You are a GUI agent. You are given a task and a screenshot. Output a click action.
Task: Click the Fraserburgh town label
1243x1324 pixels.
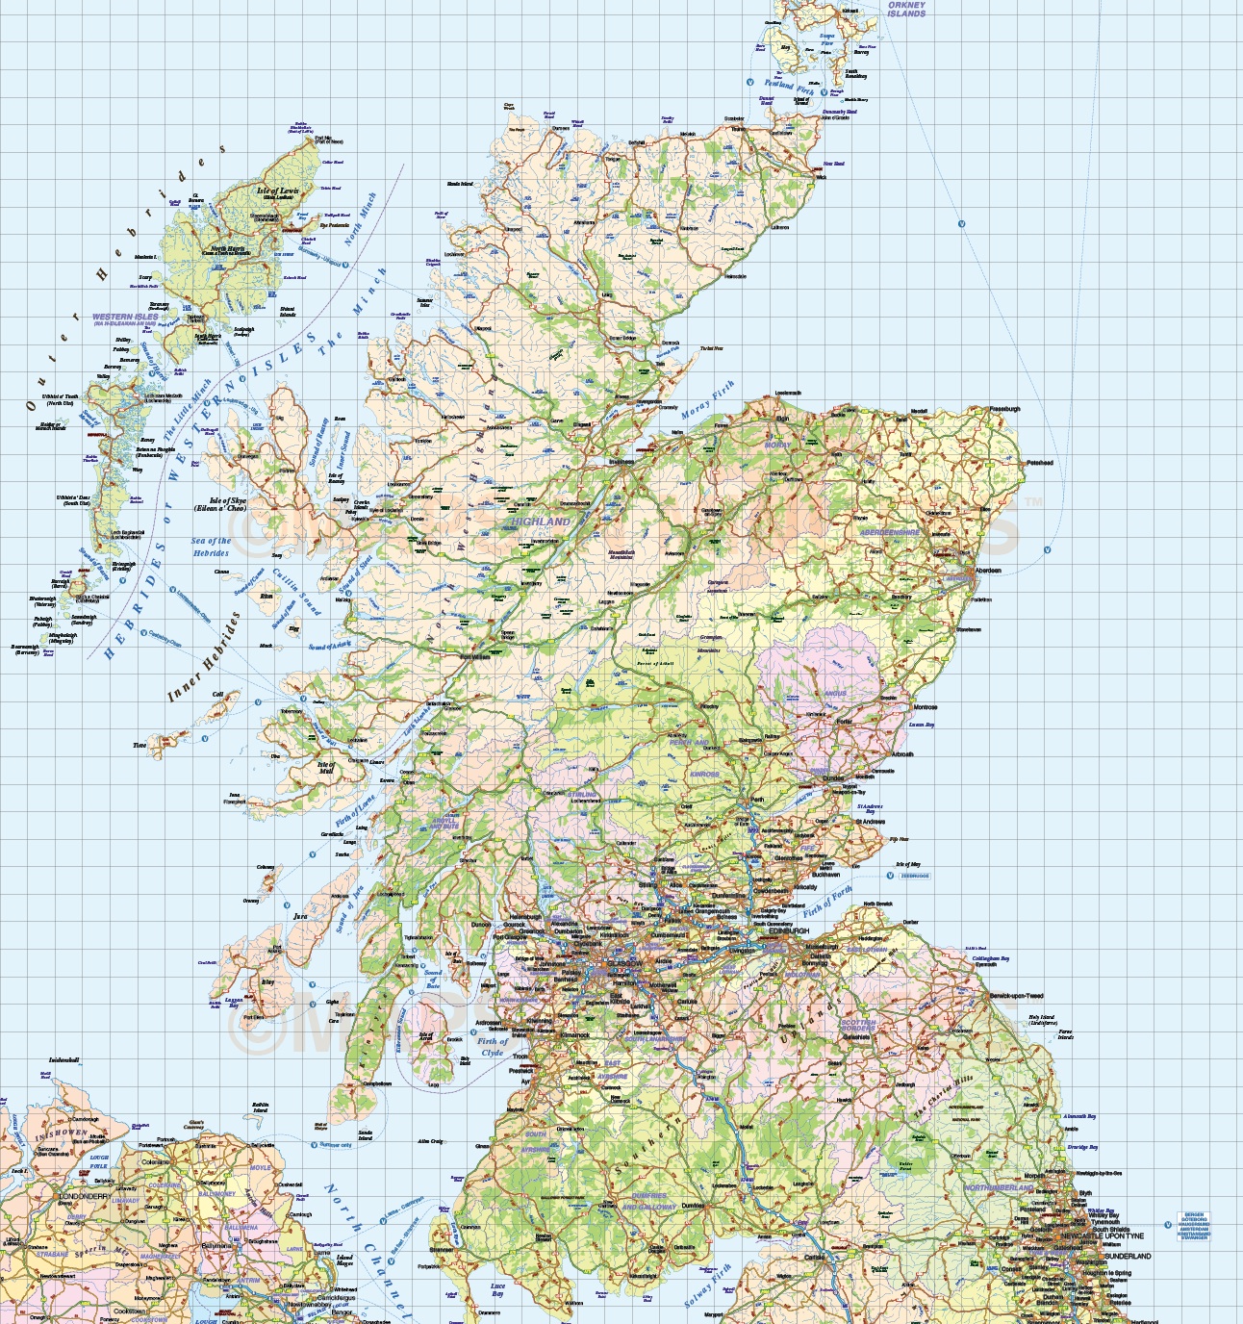click(1004, 409)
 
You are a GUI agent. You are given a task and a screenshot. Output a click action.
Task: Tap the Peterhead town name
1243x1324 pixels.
click(1040, 463)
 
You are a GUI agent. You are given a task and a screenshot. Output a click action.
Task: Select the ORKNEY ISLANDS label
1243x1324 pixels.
click(906, 10)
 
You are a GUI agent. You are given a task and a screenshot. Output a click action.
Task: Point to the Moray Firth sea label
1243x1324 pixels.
click(708, 399)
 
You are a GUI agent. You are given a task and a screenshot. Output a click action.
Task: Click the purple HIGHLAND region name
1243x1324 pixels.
click(541, 522)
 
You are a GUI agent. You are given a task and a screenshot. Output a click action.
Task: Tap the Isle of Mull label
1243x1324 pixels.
click(326, 768)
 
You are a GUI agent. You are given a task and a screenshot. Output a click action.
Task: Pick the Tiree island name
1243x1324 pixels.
click(140, 745)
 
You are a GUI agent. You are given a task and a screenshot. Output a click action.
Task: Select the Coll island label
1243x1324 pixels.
click(217, 694)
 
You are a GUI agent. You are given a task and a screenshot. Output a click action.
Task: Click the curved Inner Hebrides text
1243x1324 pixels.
click(203, 657)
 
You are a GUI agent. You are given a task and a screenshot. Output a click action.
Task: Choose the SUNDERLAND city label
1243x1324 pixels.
click(1128, 1256)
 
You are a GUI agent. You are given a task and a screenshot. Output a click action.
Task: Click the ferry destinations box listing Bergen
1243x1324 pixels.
click(1193, 1226)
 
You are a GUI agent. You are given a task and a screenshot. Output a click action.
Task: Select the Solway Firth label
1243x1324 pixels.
click(708, 1286)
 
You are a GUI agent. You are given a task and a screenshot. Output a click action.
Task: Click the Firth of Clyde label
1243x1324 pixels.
click(493, 1046)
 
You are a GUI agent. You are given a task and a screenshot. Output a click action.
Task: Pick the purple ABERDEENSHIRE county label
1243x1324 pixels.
click(890, 532)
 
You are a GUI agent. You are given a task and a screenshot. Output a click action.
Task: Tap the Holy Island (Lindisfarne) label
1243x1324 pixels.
click(1041, 1020)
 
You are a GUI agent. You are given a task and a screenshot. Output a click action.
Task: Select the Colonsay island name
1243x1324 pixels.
click(266, 867)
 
